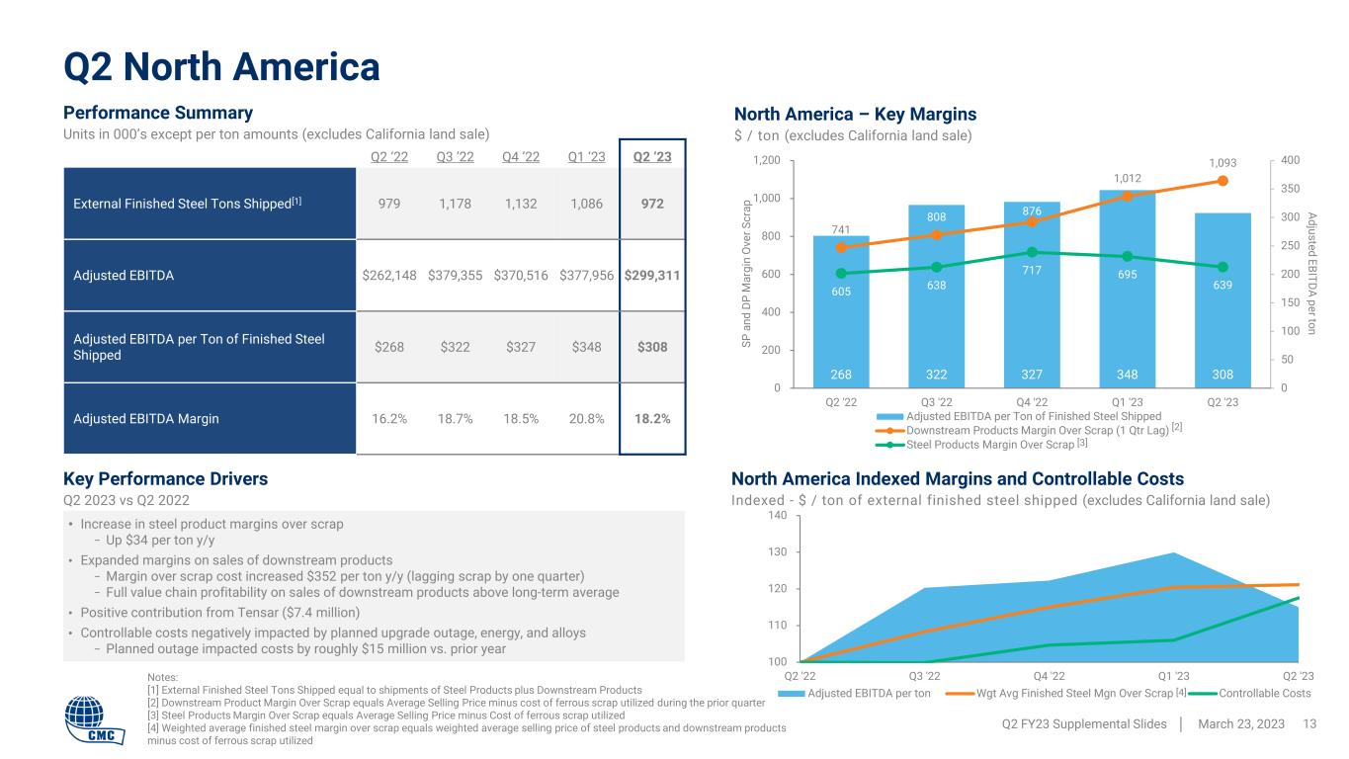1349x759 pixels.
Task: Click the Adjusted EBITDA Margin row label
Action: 146,418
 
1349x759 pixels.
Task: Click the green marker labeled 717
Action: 1032,252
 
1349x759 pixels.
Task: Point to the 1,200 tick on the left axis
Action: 766,161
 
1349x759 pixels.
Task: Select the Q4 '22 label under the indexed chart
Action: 1049,676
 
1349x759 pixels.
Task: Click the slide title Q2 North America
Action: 222,66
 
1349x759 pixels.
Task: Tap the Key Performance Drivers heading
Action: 166,479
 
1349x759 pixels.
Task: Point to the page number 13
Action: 1310,724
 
